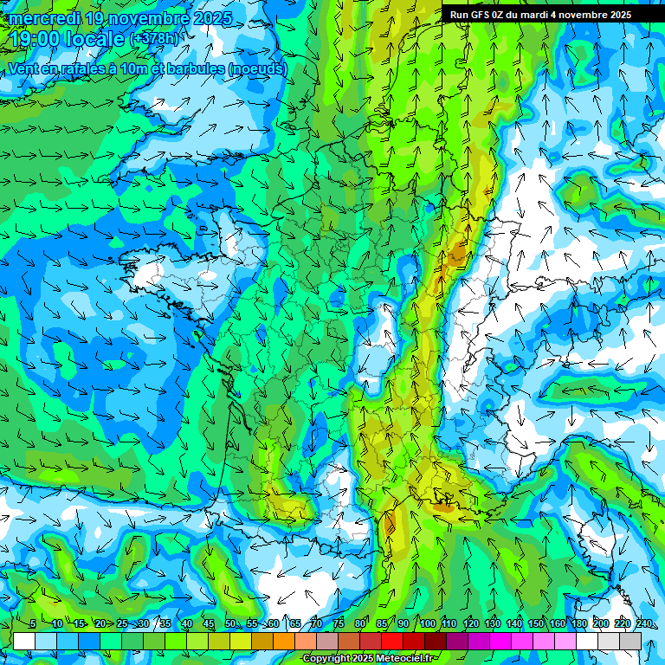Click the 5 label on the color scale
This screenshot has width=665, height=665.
[x=33, y=624]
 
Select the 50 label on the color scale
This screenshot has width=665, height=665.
[x=230, y=624]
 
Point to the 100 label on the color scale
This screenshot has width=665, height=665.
[x=427, y=624]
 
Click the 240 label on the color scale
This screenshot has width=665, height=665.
[x=643, y=624]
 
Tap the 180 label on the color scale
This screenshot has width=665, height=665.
[x=578, y=624]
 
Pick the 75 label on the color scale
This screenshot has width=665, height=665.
[x=339, y=624]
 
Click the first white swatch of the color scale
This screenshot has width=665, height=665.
[x=24, y=641]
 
